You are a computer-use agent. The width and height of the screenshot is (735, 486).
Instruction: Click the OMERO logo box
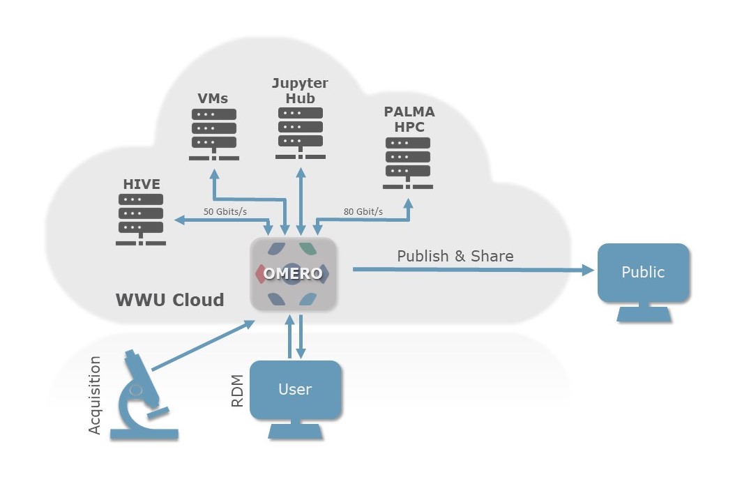294,274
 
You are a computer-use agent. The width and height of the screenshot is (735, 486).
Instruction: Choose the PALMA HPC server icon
408,162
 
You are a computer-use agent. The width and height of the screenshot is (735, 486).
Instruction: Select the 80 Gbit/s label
363,211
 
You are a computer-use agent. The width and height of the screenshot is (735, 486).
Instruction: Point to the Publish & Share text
455,256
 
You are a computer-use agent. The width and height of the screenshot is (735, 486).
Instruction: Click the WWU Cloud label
169,301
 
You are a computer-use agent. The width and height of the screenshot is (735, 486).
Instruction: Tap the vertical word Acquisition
96,395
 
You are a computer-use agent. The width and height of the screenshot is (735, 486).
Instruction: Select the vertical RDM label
238,391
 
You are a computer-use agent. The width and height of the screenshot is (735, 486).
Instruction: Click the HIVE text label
142,185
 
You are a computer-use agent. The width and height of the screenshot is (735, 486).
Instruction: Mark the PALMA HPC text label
409,119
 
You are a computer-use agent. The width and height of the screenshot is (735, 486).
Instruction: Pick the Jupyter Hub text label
300,91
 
